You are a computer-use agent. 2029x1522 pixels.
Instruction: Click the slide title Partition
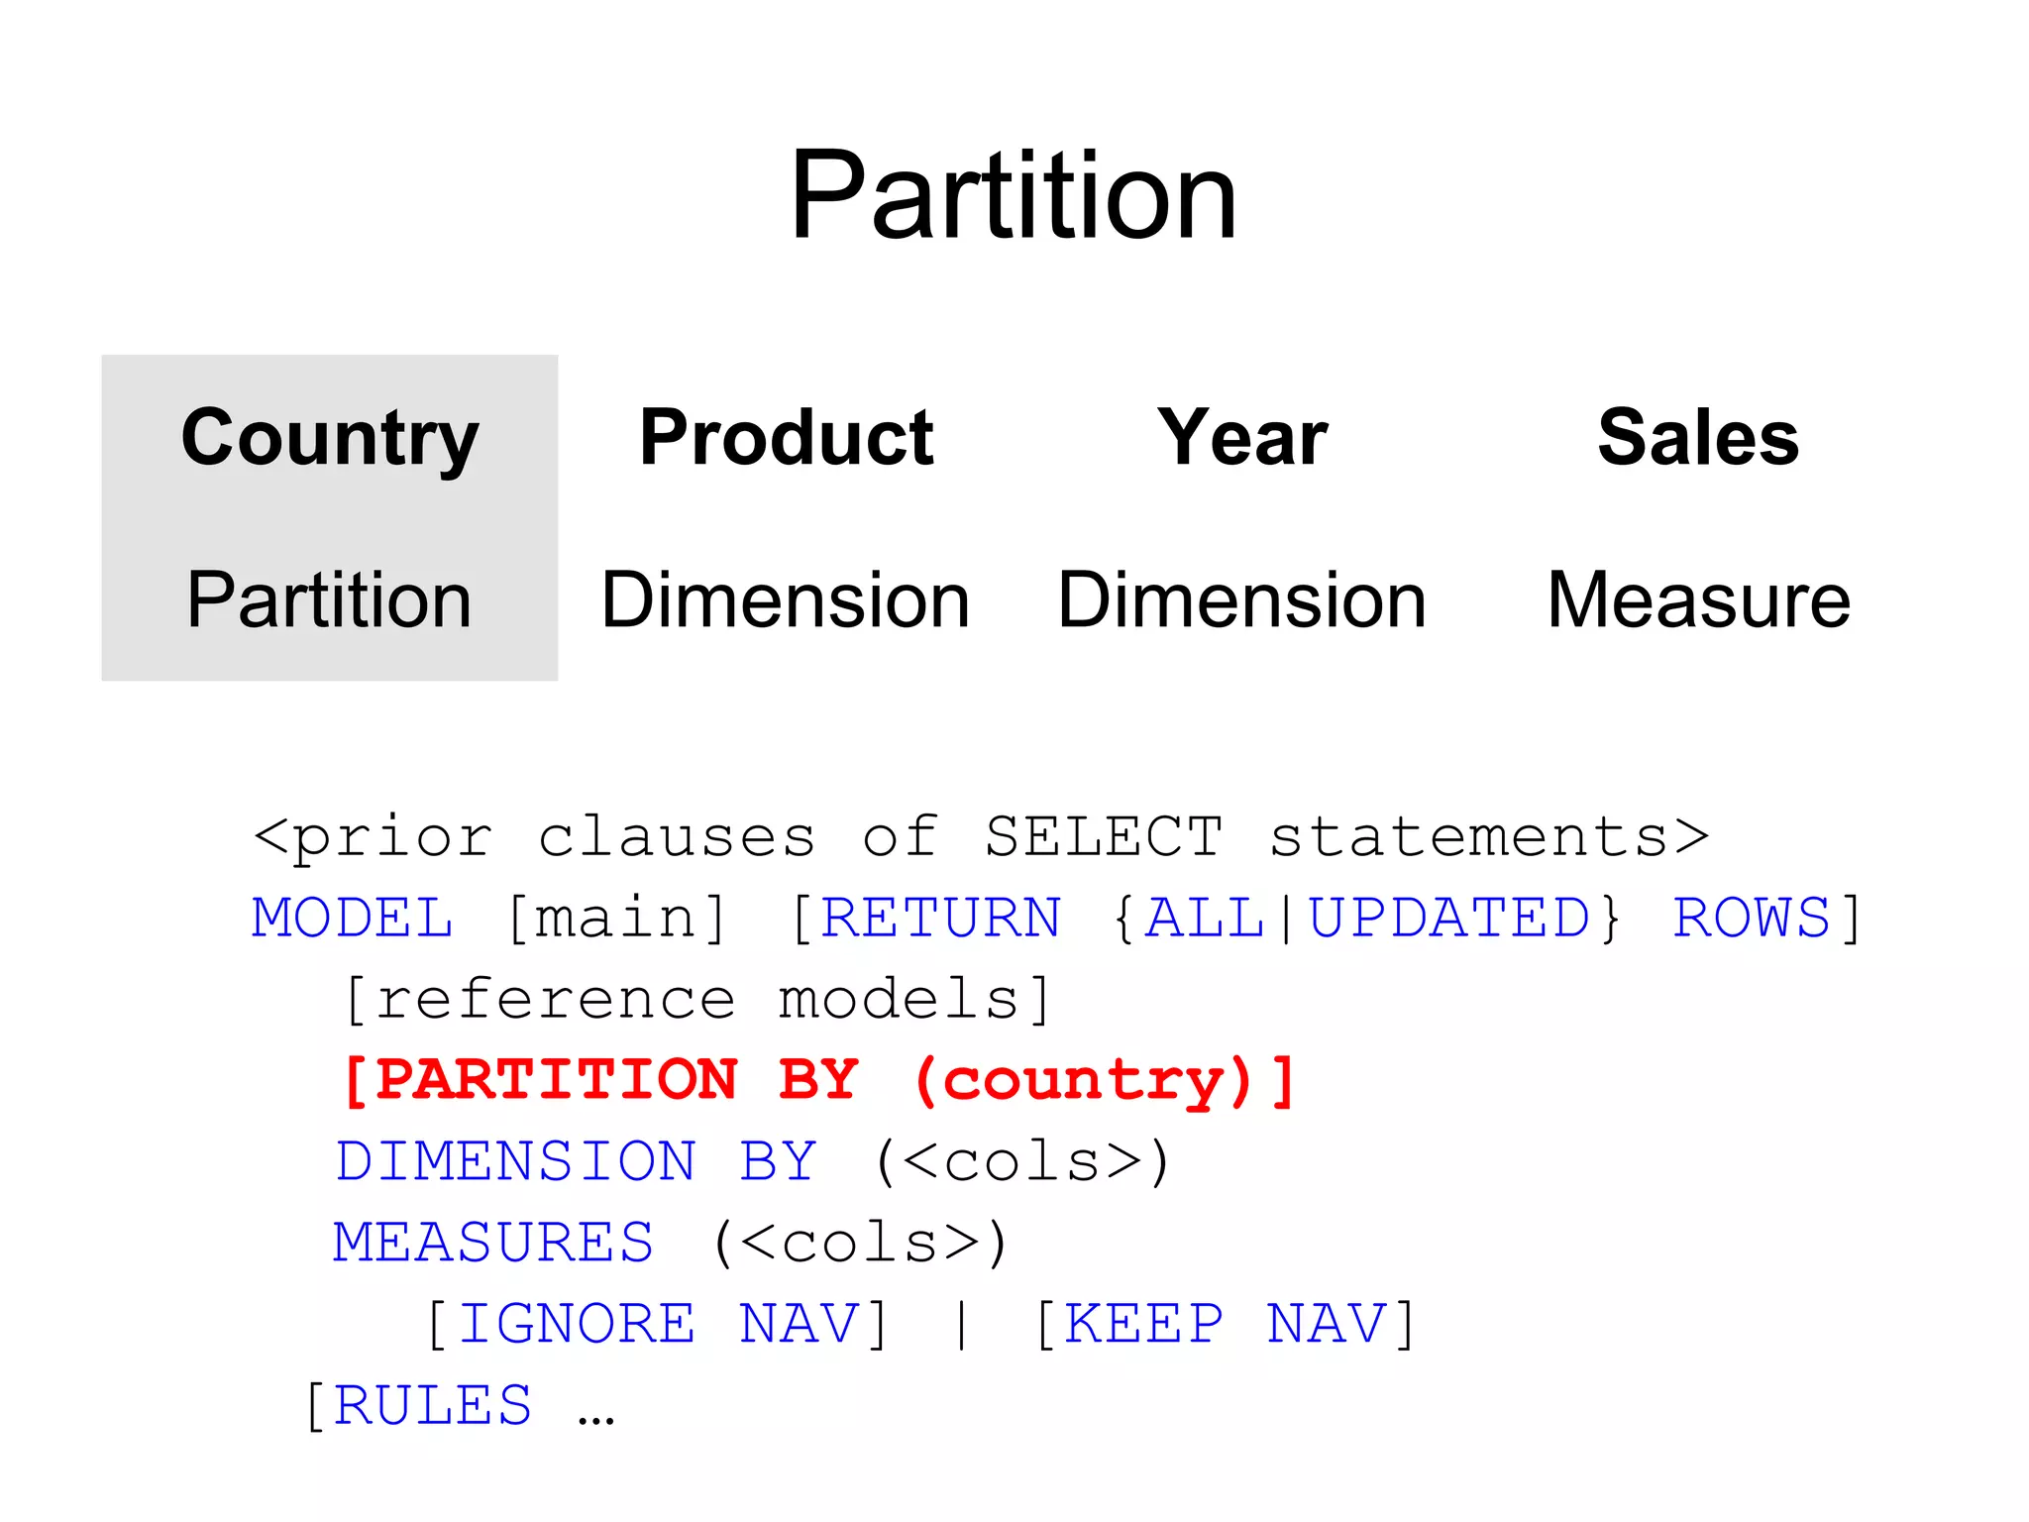(x=1013, y=195)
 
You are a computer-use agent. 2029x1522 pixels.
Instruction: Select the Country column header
(x=330, y=438)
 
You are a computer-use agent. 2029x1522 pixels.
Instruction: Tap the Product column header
(x=787, y=438)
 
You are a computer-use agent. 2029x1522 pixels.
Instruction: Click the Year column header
(x=1242, y=438)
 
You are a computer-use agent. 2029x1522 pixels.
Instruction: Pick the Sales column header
(x=1698, y=438)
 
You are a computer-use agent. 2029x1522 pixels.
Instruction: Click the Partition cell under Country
(x=330, y=600)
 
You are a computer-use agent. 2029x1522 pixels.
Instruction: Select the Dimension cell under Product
(x=786, y=600)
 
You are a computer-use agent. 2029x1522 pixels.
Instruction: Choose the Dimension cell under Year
(x=1242, y=600)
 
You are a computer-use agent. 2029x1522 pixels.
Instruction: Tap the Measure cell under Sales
(x=1698, y=600)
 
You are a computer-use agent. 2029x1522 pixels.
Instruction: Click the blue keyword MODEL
(x=353, y=918)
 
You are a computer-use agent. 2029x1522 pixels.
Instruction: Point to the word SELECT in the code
(x=1104, y=836)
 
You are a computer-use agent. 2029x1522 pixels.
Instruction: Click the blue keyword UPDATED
(x=1449, y=918)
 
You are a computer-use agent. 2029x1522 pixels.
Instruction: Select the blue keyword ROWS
(x=1751, y=918)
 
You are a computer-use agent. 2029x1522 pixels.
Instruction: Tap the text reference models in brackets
(x=697, y=999)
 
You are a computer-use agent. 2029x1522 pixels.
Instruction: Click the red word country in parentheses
(x=1083, y=1080)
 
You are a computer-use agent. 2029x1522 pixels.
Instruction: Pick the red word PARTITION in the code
(x=557, y=1080)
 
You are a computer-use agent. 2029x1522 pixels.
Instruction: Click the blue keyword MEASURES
(x=493, y=1243)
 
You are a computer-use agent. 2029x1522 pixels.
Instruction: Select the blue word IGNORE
(x=577, y=1324)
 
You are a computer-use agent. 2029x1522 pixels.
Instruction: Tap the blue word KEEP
(x=1144, y=1324)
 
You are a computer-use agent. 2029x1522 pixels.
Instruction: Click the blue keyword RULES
(x=433, y=1405)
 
